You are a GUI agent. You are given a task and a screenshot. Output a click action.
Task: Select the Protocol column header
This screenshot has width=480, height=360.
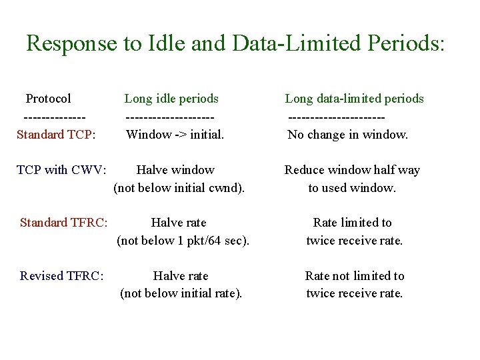pyautogui.click(x=48, y=99)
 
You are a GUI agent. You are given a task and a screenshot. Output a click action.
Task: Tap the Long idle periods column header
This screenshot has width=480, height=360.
pyautogui.click(x=171, y=99)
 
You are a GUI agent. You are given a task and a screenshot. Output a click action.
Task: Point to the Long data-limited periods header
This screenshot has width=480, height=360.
pyautogui.click(x=354, y=99)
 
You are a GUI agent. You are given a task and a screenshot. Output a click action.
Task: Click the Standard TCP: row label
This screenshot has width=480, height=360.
pyautogui.click(x=56, y=135)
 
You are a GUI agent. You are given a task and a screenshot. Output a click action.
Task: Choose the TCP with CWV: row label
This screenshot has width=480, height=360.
pyautogui.click(x=61, y=170)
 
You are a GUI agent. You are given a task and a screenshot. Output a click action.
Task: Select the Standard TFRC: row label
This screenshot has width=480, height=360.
pyautogui.click(x=64, y=223)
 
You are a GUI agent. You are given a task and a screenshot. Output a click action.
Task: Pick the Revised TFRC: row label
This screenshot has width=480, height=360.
pyautogui.click(x=62, y=276)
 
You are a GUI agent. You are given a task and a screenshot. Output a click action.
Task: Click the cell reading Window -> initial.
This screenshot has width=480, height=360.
pyautogui.click(x=175, y=135)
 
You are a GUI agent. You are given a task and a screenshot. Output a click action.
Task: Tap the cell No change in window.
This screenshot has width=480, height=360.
pyautogui.click(x=347, y=135)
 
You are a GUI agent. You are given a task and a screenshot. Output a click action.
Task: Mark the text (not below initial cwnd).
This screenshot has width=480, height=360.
pyautogui.click(x=179, y=188)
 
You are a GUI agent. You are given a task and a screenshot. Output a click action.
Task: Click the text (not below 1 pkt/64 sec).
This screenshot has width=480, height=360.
pyautogui.click(x=183, y=241)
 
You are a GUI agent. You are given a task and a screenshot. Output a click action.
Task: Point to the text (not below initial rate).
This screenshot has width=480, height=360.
pyautogui.click(x=181, y=294)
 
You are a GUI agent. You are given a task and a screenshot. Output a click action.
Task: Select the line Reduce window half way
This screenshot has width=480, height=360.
pyautogui.click(x=352, y=170)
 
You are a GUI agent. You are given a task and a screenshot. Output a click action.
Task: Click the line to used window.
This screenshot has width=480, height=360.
pyautogui.click(x=352, y=188)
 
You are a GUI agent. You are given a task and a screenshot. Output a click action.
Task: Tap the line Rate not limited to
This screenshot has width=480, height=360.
pyautogui.click(x=355, y=276)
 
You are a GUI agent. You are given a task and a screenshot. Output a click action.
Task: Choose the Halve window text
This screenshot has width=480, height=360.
pyautogui.click(x=175, y=170)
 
